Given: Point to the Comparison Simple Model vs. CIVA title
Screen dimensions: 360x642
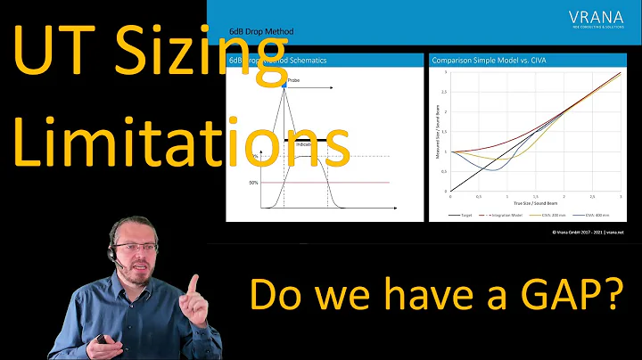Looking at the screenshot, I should [488, 61].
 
